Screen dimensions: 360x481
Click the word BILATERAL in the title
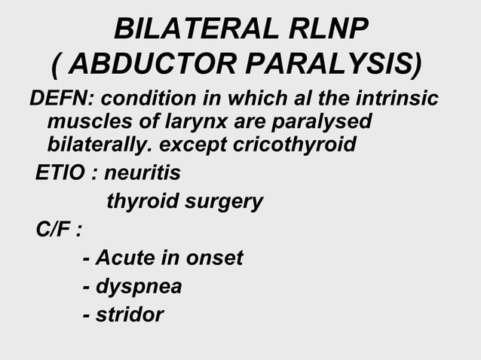click(195, 29)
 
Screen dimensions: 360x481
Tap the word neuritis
click(142, 173)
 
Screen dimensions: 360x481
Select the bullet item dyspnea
click(138, 287)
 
